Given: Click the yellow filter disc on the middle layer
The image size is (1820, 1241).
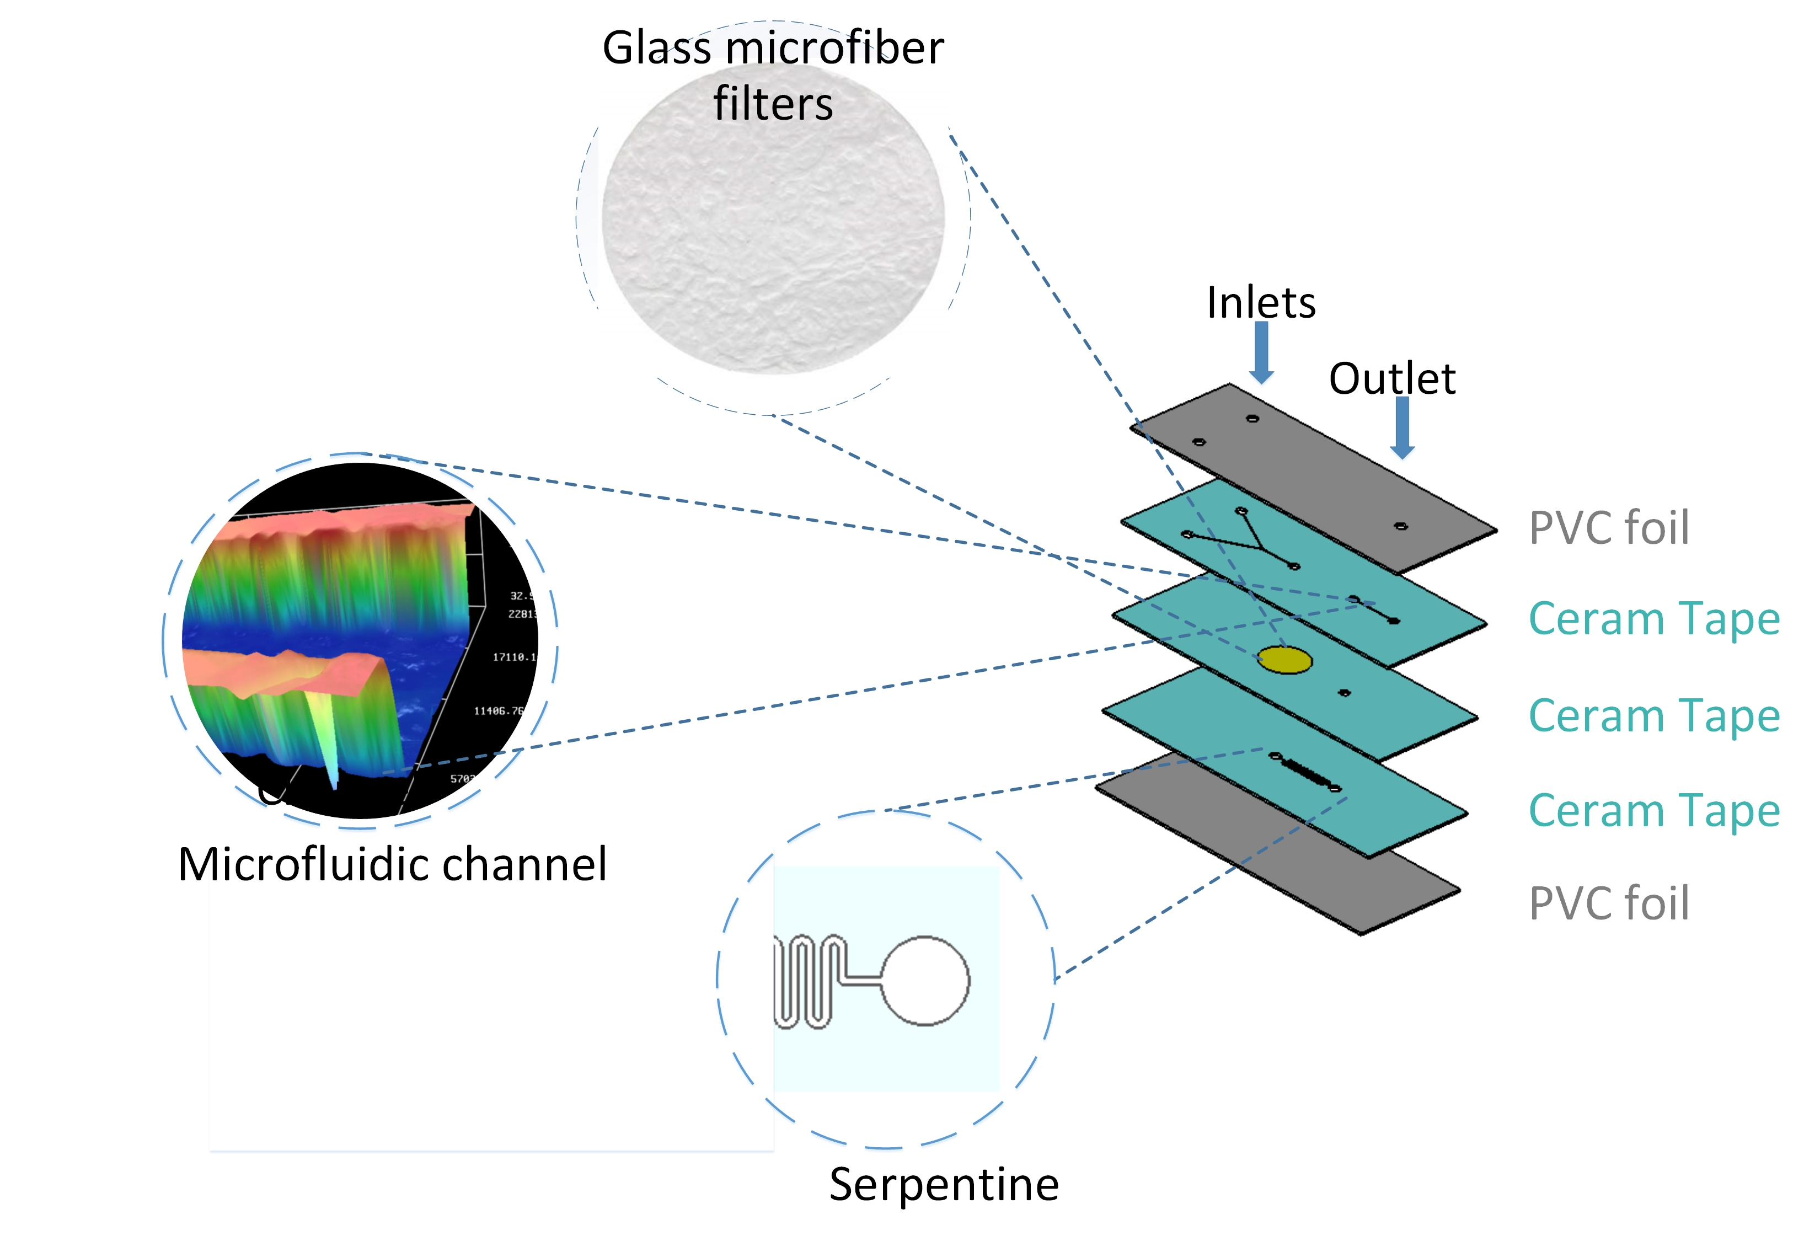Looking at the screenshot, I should (x=1284, y=660).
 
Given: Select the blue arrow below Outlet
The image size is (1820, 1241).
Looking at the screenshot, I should (x=1402, y=427).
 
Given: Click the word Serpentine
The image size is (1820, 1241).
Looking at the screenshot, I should (x=944, y=1184).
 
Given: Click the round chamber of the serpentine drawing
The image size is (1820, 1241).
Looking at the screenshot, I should (x=925, y=980).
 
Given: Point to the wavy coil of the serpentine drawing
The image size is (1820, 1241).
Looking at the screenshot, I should (x=807, y=980).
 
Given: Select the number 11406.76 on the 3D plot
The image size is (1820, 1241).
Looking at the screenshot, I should (x=498, y=711).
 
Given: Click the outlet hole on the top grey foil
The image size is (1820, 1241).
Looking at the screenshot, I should (x=1401, y=526).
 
